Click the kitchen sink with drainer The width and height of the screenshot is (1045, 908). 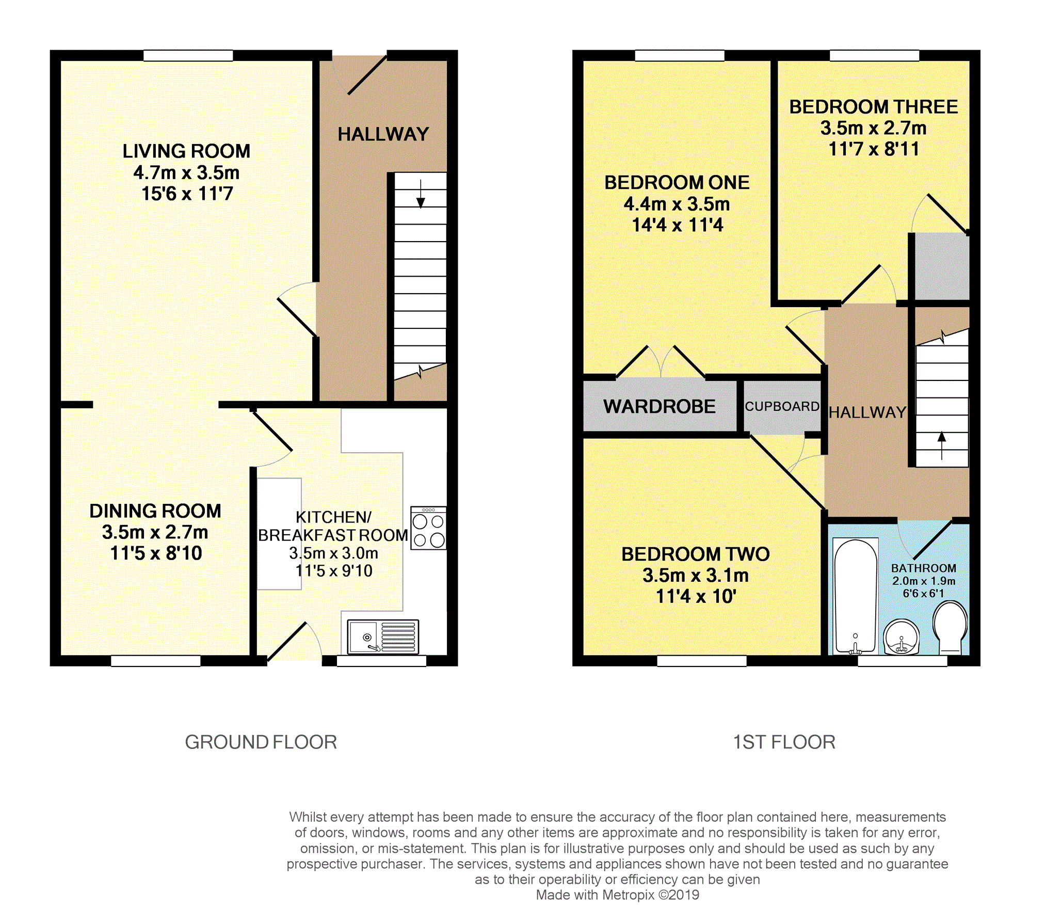pos(383,637)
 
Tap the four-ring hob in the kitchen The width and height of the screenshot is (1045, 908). pos(428,528)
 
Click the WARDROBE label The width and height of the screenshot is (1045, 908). pos(660,407)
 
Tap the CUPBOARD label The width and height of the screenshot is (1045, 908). pos(782,407)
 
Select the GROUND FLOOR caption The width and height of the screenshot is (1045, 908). pos(261,742)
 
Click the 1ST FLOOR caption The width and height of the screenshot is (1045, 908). pos(784,742)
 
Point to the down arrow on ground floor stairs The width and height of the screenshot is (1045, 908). pos(421,194)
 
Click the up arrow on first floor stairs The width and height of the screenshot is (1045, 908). pos(942,445)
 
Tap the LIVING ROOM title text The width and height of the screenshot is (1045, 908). pos(186,151)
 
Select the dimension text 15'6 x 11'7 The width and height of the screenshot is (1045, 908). pos(187,194)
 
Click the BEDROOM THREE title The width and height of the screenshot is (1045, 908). pos(874,107)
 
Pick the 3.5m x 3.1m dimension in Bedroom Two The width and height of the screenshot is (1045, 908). pos(696,575)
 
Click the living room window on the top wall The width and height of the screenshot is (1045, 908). pos(188,55)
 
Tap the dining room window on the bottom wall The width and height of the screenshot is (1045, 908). pos(156,661)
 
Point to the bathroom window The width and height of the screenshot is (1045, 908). pos(903,661)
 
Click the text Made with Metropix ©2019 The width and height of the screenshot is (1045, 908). pos(618,895)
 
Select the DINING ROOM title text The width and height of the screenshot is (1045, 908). pos(155,511)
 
